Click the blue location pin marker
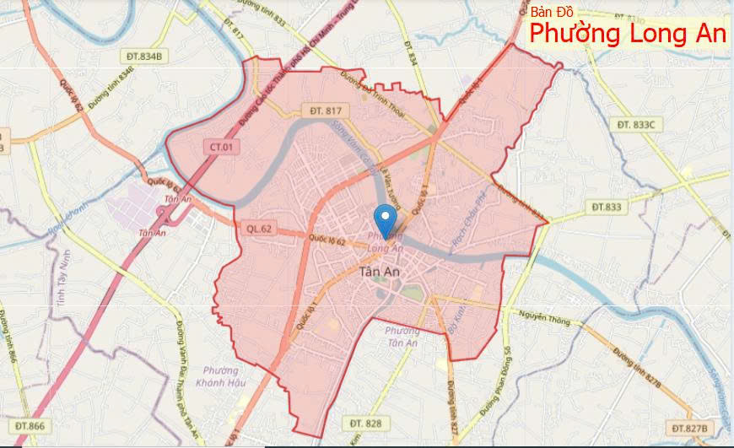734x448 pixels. coord(386,219)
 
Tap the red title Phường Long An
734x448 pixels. coord(628,35)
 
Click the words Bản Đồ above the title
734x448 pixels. coord(552,12)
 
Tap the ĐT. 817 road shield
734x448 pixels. coord(325,111)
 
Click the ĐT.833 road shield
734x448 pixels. coord(606,206)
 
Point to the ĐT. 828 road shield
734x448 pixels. coord(365,421)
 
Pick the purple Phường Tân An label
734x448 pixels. coord(402,336)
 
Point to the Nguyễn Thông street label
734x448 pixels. coord(546,316)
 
